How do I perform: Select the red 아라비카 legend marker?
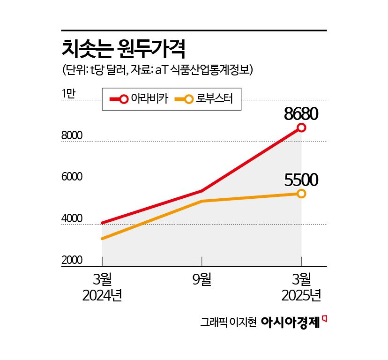pyautogui.click(x=124, y=99)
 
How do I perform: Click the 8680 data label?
pyautogui.click(x=301, y=114)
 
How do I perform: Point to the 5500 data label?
pyautogui.click(x=301, y=180)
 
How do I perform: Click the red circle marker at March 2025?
pyautogui.click(x=301, y=127)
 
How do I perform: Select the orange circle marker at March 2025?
pyautogui.click(x=301, y=194)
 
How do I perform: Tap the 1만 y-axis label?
pyautogui.click(x=68, y=94)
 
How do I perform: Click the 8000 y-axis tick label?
pyautogui.click(x=72, y=136)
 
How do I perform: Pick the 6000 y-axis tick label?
pyautogui.click(x=72, y=177)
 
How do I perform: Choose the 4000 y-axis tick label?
pyautogui.click(x=72, y=219)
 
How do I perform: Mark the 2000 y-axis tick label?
pyautogui.click(x=72, y=260)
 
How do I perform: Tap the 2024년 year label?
pyautogui.click(x=102, y=296)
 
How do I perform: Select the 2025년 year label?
pyautogui.click(x=301, y=296)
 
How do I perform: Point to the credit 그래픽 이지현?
pyautogui.click(x=228, y=322)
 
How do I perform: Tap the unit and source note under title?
pyautogui.click(x=157, y=70)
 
